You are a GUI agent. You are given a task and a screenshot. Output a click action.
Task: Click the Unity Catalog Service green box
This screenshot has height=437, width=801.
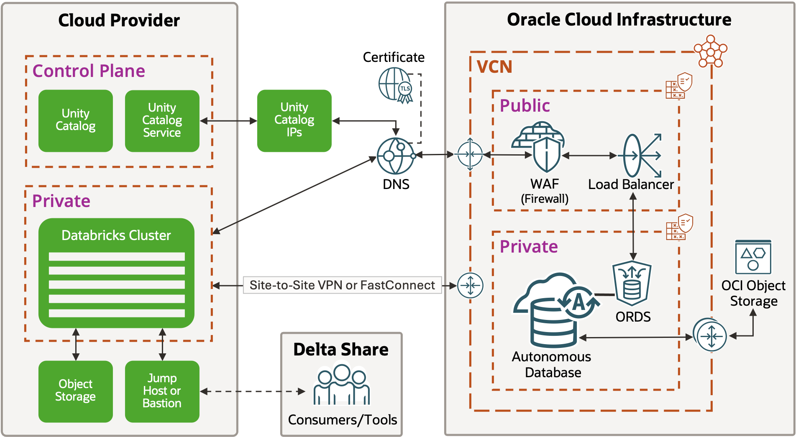pos(162,121)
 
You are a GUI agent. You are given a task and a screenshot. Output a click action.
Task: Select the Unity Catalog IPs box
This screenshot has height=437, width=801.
pos(294,120)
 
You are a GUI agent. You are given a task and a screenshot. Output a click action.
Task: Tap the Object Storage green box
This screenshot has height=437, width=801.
pos(75,391)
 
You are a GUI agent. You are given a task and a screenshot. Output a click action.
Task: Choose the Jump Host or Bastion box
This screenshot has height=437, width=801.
pos(162,391)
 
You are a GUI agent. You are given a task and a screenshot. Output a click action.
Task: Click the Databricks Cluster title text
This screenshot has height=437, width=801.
pos(116,235)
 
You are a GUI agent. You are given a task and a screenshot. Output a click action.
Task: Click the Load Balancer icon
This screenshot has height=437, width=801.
pos(640,156)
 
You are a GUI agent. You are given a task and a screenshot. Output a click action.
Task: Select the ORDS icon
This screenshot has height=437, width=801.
pos(632,284)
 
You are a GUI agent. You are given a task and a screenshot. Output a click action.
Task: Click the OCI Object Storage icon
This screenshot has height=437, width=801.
pos(753,257)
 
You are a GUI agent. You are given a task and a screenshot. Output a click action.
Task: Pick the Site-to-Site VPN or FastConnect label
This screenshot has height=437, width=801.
pos(342,285)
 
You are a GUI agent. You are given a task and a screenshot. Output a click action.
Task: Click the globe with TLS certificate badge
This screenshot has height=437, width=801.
pos(395,85)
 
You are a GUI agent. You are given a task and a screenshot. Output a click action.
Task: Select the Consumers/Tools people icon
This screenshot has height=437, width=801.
pos(342,385)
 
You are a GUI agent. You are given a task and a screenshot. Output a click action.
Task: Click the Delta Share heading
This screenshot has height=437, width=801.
pos(340,350)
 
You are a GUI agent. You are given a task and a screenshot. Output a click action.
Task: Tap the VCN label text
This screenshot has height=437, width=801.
pos(494,67)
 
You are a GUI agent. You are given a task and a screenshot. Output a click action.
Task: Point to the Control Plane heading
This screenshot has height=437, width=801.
pos(89,71)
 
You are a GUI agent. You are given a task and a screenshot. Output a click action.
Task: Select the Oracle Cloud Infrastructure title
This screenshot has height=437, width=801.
pos(619,20)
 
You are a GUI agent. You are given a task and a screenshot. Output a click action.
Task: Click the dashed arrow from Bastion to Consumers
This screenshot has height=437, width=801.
pos(253,391)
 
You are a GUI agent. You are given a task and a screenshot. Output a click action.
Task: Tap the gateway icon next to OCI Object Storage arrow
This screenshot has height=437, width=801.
pos(711,335)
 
